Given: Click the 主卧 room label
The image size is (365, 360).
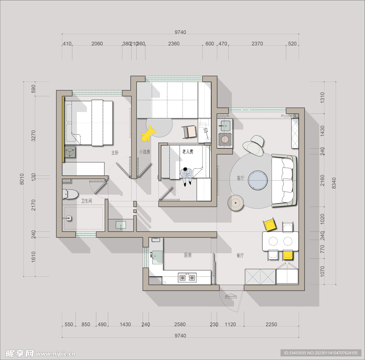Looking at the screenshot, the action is (115, 153).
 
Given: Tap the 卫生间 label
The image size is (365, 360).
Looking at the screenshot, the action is (86, 201).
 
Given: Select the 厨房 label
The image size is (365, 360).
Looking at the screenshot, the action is (187, 255).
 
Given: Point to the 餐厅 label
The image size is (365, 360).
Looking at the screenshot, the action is (240, 255).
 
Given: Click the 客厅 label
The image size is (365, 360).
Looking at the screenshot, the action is (241, 178).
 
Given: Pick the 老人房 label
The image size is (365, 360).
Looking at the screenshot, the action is (187, 152).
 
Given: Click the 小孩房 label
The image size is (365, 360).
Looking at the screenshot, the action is (145, 152).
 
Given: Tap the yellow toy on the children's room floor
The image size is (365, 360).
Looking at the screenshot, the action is (148, 134).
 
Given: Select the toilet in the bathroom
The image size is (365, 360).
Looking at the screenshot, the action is (70, 194).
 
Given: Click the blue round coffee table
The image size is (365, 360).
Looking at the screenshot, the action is (258, 180).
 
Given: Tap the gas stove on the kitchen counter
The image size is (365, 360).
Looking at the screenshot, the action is (187, 277).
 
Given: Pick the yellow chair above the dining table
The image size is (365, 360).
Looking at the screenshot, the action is (270, 224).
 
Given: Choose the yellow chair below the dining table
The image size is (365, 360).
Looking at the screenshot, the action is (288, 255).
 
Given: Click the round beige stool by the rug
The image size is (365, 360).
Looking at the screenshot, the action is (236, 203).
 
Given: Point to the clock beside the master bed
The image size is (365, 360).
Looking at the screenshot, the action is (70, 152).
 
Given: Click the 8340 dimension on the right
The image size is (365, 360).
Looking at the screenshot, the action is (334, 183).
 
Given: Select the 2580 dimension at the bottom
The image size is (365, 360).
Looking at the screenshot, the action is (180, 324).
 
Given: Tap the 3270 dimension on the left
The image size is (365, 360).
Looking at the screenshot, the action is (34, 136).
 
